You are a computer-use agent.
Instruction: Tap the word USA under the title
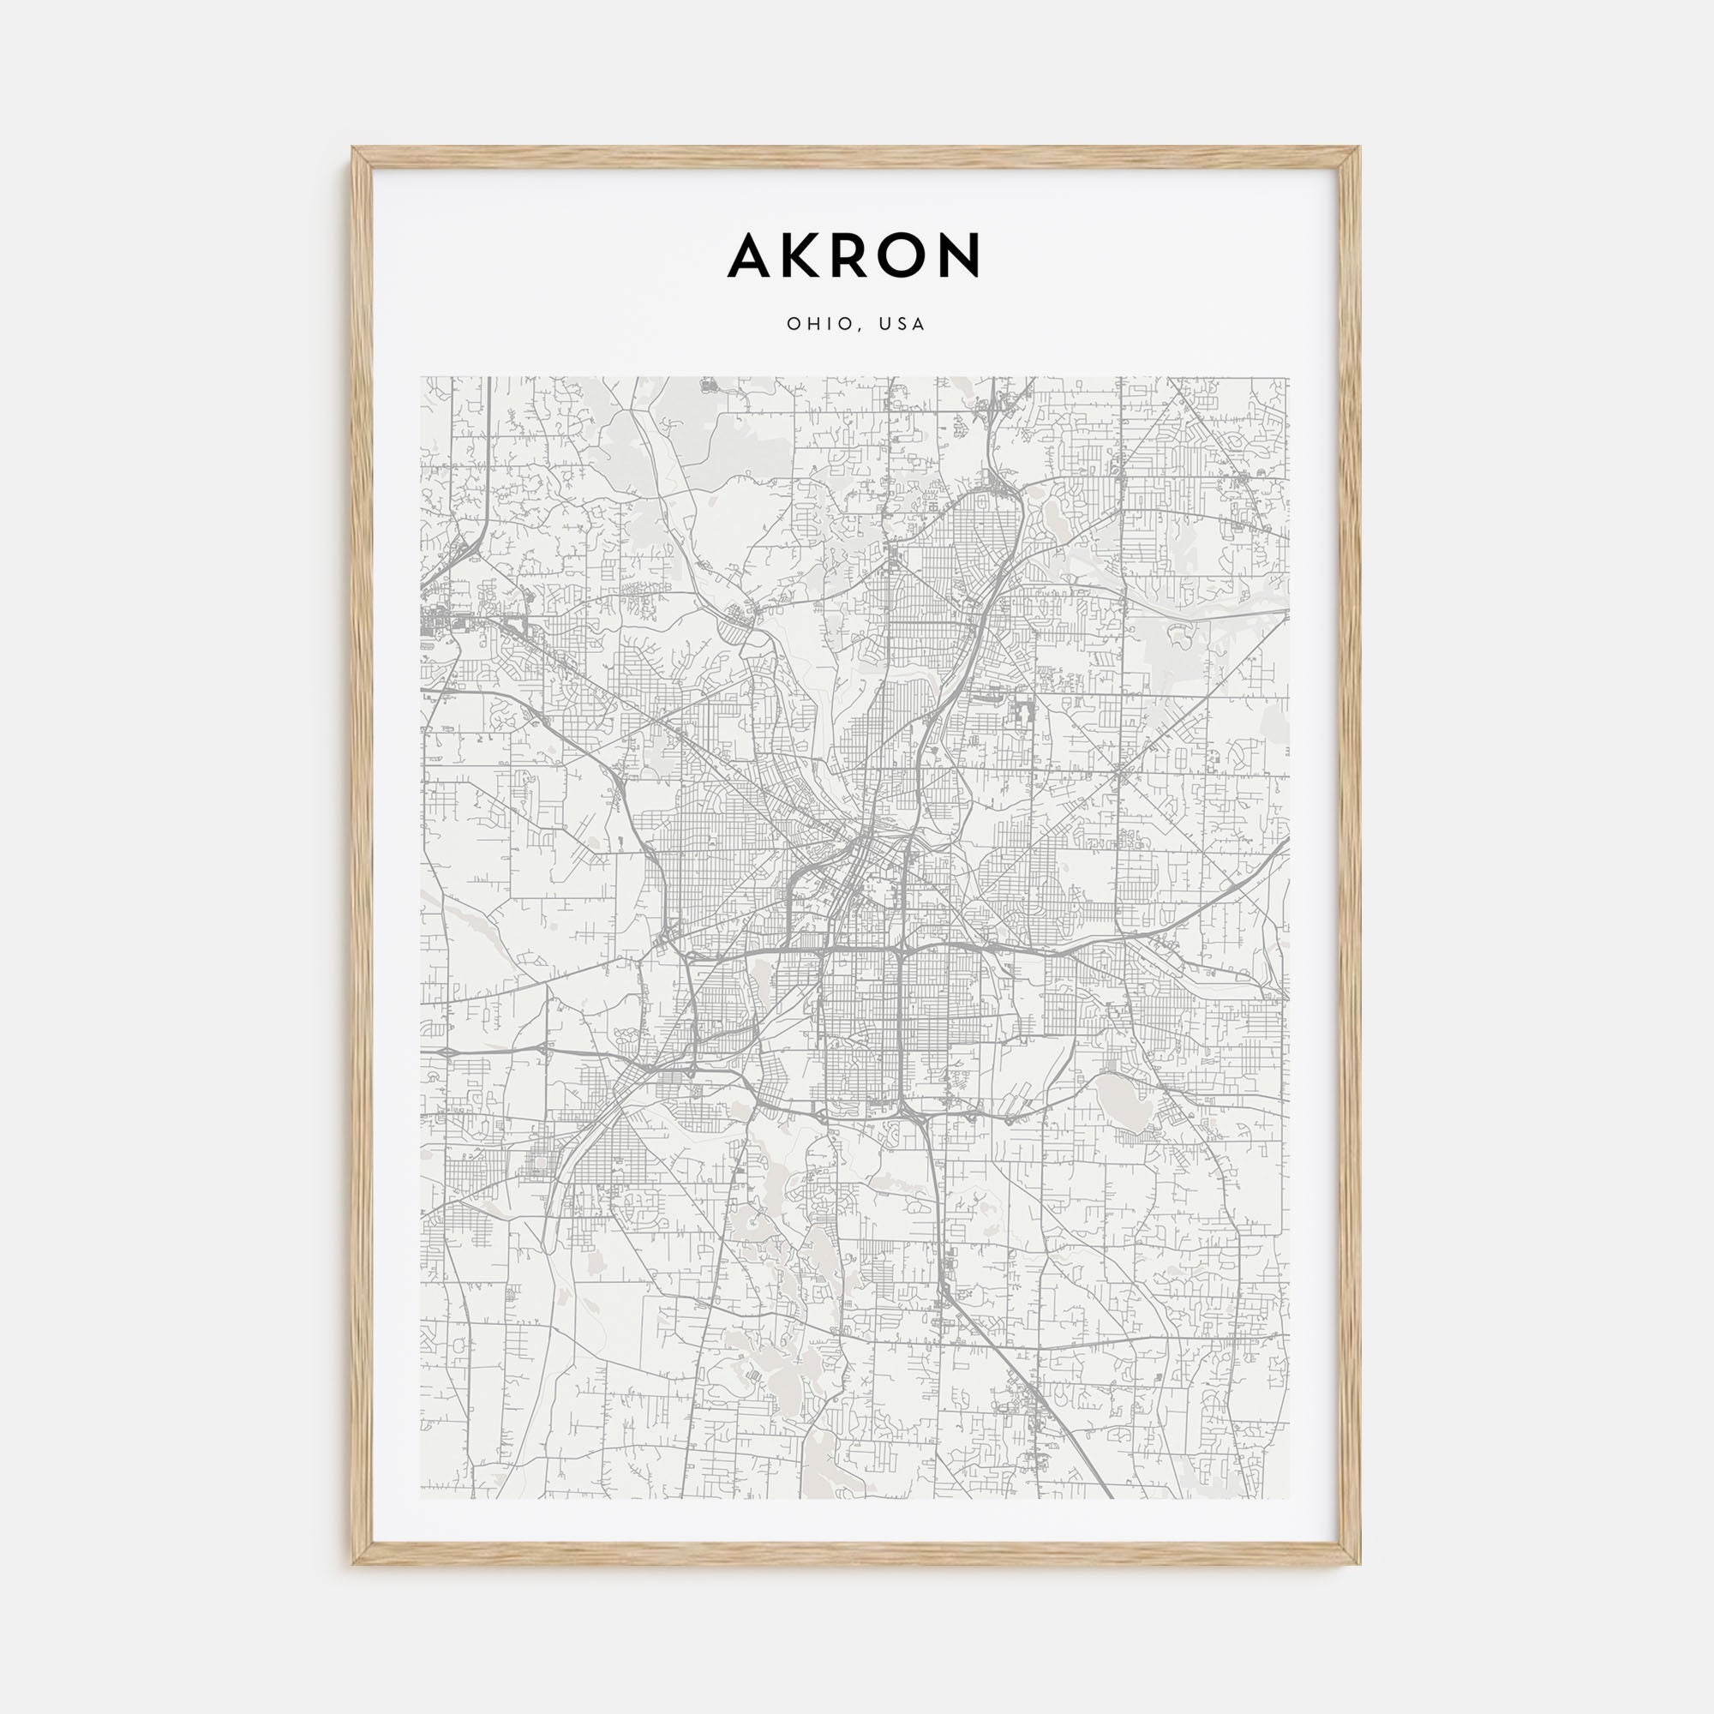tap(902, 325)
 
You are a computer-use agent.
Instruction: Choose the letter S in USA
tap(902, 325)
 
